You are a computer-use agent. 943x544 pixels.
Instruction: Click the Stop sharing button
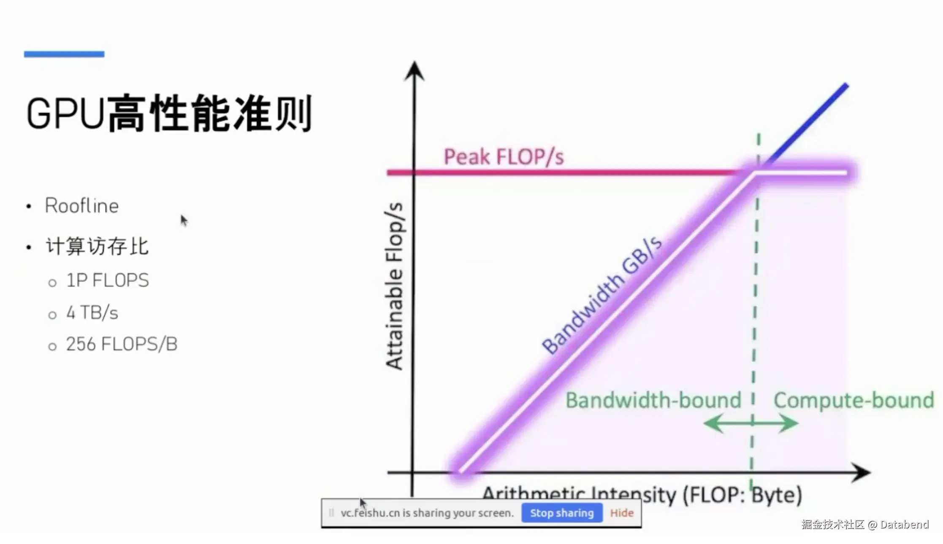(561, 513)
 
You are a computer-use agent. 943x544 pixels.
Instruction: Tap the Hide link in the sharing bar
(622, 513)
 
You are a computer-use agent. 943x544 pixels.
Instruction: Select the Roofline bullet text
(82, 206)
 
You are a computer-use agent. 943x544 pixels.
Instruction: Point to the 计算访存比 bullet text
(97, 246)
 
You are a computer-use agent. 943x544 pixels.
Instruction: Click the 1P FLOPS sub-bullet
(108, 280)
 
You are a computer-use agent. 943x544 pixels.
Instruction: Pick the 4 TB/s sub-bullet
(92, 312)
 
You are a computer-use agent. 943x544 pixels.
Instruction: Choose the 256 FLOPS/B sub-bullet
(122, 344)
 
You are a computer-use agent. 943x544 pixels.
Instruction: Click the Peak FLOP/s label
(504, 157)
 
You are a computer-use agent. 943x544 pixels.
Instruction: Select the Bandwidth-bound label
(653, 400)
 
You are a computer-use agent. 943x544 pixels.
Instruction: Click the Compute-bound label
(854, 400)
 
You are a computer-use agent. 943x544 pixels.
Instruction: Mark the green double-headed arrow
(751, 423)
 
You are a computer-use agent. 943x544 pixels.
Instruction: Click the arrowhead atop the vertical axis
(414, 70)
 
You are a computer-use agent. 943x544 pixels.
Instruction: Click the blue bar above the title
(64, 54)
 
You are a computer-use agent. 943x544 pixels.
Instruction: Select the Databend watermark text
(865, 524)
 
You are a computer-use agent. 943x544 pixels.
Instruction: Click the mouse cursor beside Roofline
(184, 220)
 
